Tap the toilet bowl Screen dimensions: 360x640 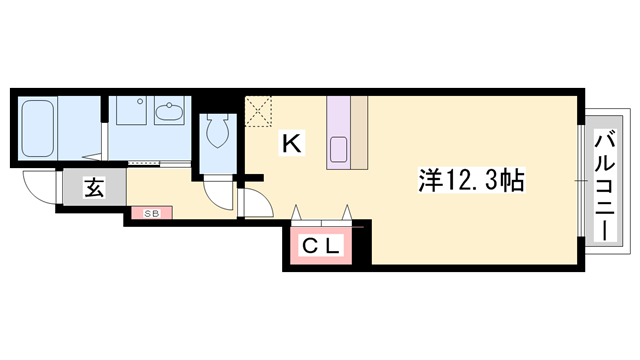(217, 130)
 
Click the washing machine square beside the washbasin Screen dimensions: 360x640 (128, 110)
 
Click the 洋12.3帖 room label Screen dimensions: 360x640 (470, 181)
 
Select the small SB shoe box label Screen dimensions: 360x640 (151, 213)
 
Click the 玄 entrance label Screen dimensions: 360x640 (92, 187)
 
